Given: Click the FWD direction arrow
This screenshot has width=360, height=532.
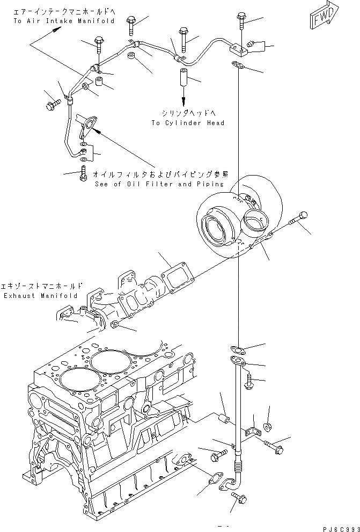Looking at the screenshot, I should [324, 19].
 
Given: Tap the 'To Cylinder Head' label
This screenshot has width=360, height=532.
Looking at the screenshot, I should [187, 123].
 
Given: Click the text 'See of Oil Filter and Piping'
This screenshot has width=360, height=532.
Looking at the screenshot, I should [158, 184].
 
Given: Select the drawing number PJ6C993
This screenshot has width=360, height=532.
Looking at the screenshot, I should [339, 528].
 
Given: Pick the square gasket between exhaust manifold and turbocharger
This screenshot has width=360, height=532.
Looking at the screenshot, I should [174, 279].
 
